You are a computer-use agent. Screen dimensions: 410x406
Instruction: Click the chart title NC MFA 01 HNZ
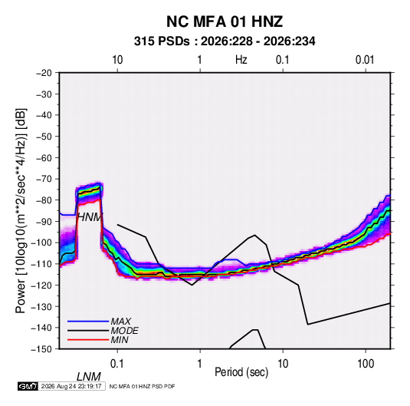[225, 21]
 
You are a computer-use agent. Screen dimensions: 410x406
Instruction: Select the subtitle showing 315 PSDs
[225, 41]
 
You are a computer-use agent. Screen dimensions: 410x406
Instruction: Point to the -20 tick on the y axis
[44, 73]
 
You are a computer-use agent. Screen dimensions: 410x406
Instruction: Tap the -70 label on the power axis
[44, 179]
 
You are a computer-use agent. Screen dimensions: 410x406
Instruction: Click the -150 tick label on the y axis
[41, 349]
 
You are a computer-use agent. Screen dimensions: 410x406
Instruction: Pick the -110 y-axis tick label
[41, 264]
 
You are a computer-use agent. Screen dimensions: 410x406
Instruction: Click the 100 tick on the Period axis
[366, 364]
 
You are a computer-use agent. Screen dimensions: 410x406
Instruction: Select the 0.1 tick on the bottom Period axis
[117, 364]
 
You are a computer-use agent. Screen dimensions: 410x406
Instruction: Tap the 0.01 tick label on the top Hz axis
[365, 60]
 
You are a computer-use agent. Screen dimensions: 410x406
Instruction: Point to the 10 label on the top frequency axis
[117, 60]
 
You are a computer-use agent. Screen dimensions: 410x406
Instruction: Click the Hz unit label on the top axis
[241, 60]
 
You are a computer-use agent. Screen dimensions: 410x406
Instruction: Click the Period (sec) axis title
[241, 372]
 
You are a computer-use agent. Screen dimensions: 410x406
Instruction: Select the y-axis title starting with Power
[21, 210]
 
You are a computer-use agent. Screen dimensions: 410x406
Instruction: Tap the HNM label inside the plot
[89, 217]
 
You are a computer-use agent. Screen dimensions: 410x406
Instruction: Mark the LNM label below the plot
[89, 377]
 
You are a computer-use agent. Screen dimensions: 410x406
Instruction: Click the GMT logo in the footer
[28, 386]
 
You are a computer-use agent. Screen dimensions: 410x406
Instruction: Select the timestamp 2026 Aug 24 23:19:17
[71, 386]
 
